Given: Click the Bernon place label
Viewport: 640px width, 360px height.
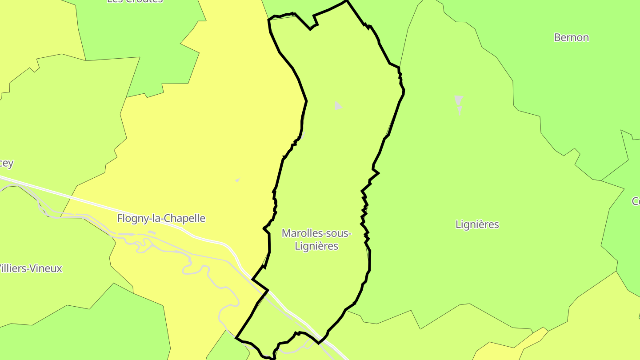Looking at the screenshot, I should [x=571, y=37].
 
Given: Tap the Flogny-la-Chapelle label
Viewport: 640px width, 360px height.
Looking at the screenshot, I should [x=161, y=218].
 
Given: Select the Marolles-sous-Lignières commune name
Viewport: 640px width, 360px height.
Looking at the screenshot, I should [x=316, y=239].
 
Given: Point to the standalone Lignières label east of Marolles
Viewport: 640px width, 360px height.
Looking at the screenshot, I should [x=477, y=224].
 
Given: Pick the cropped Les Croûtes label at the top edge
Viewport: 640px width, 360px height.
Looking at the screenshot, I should [x=135, y=1].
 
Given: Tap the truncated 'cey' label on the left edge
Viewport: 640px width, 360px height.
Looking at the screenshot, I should [x=7, y=163].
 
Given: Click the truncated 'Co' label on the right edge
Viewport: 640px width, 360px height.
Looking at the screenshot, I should [x=636, y=201].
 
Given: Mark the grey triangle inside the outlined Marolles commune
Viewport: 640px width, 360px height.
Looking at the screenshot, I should [x=338, y=106].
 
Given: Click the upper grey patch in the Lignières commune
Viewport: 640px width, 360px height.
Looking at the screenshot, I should [x=459, y=99].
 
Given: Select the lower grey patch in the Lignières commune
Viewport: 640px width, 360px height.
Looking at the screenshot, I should [x=460, y=110].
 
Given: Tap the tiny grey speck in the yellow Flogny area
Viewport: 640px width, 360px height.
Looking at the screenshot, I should [x=238, y=180].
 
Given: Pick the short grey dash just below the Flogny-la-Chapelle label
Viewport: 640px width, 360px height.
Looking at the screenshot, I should [x=151, y=232].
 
